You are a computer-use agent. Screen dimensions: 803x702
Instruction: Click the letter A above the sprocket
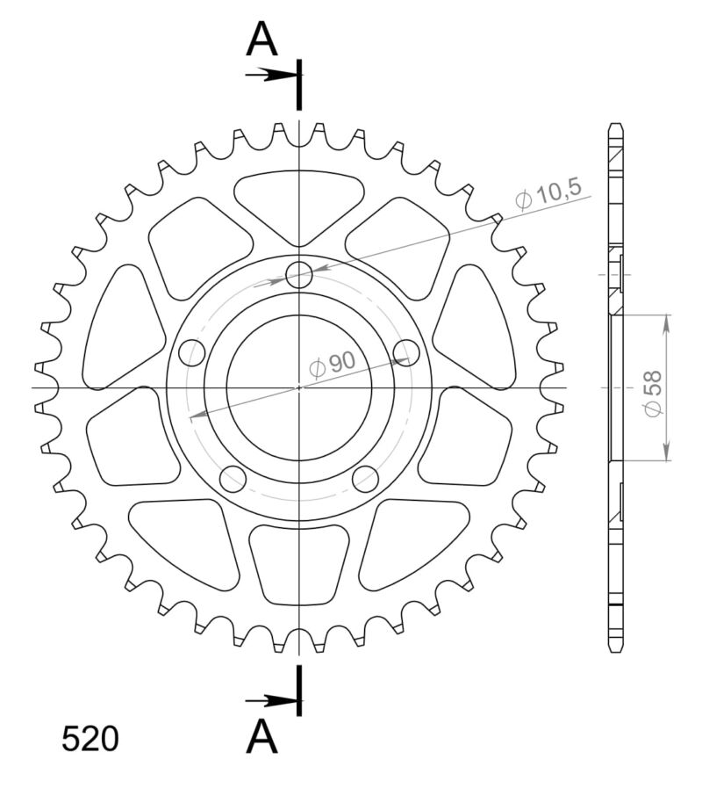(261, 39)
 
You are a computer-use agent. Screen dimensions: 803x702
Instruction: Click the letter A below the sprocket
(261, 736)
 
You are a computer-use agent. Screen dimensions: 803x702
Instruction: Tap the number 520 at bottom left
(90, 740)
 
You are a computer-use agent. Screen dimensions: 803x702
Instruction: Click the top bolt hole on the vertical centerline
(300, 274)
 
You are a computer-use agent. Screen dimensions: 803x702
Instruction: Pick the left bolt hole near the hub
(191, 352)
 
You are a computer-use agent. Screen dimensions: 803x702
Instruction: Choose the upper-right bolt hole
(406, 352)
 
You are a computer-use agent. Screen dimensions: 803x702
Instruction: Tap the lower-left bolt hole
(233, 479)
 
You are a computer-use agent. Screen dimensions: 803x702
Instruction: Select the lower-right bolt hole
(365, 479)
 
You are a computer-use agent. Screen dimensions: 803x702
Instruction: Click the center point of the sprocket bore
(299, 387)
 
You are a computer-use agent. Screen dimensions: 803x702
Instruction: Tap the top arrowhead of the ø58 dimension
(667, 322)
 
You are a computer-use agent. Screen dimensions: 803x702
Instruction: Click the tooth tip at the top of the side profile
(618, 128)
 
